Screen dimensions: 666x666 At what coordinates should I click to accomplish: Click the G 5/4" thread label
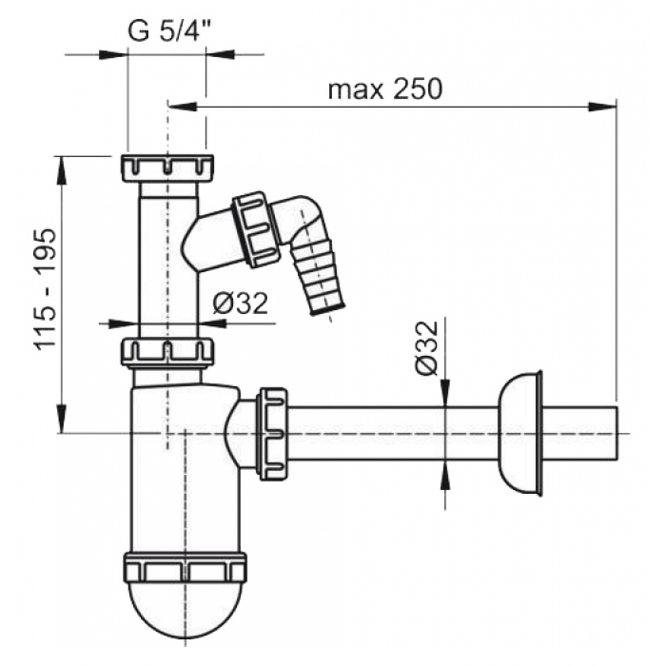click(x=169, y=30)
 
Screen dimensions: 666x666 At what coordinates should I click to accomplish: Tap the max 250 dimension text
click(x=385, y=89)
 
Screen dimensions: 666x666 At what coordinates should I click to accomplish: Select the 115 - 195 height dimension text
click(x=46, y=290)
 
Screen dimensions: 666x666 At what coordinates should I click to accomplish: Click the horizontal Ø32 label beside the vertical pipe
click(x=241, y=304)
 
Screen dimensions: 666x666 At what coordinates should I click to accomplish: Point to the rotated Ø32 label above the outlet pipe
click(x=427, y=348)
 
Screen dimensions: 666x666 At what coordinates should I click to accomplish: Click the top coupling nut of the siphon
click(x=166, y=168)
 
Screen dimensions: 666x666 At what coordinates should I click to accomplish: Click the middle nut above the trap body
click(x=166, y=351)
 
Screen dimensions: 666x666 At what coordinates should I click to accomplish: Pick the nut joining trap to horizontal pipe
click(x=273, y=434)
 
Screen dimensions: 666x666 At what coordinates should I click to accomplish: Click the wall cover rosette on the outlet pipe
click(x=520, y=433)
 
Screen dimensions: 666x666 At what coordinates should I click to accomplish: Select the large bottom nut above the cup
click(x=186, y=567)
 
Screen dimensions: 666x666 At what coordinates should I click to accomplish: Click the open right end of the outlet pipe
click(x=617, y=433)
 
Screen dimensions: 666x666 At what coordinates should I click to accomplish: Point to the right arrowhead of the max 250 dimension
click(x=602, y=107)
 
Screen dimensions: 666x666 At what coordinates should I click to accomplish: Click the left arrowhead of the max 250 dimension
click(x=183, y=107)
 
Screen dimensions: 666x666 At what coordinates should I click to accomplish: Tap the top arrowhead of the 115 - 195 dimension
click(x=62, y=170)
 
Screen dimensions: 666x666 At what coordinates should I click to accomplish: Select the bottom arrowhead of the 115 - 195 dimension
click(x=62, y=419)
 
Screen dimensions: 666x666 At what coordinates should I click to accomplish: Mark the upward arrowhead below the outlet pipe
click(x=445, y=476)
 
